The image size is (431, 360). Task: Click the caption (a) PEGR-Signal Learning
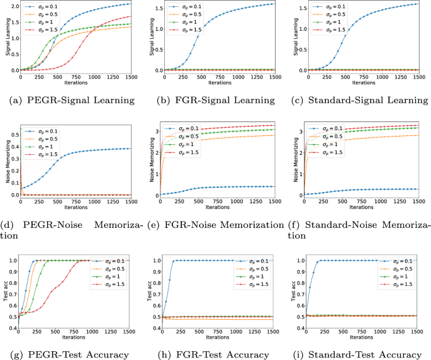(72, 100)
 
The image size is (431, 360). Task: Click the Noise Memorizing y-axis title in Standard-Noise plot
(292, 161)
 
